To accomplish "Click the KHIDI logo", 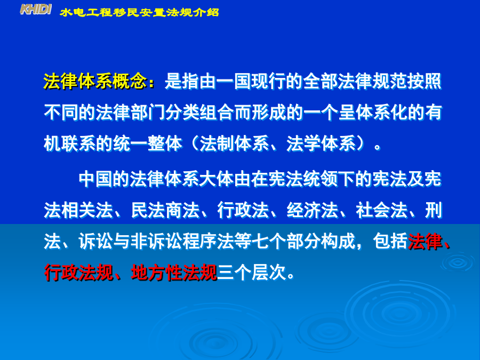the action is pyautogui.click(x=36, y=10).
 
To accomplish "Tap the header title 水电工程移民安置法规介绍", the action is pyautogui.click(x=139, y=12).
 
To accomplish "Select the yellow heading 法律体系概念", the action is pyautogui.click(x=95, y=82).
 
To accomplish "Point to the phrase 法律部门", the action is pyautogui.click(x=130, y=113).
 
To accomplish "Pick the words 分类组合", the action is pyautogui.click(x=199, y=113).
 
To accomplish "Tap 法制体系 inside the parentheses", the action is pyautogui.click(x=234, y=143).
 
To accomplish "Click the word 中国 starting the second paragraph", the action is pyautogui.click(x=95, y=179).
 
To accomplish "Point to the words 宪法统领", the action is pyautogui.click(x=303, y=179).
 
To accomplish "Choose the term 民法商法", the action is pyautogui.click(x=165, y=210).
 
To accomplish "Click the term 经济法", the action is pyautogui.click(x=312, y=210).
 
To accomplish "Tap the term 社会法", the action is pyautogui.click(x=381, y=210).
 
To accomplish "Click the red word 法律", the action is pyautogui.click(x=425, y=241).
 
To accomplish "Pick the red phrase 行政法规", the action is pyautogui.click(x=78, y=272).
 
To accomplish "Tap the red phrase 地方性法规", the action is pyautogui.click(x=173, y=272).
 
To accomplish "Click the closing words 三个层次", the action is pyautogui.click(x=251, y=272).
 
